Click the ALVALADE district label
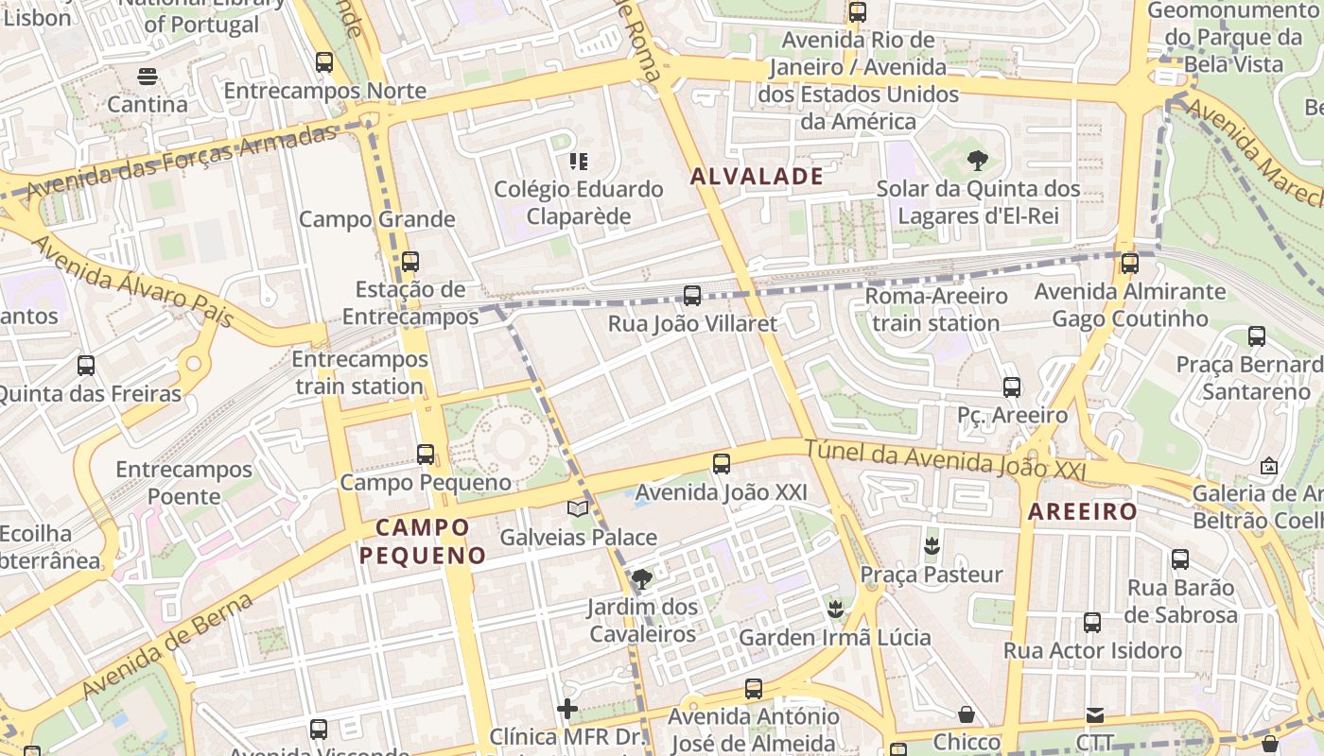[x=757, y=176]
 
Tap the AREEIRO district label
[x=1082, y=512]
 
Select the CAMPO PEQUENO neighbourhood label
[x=422, y=541]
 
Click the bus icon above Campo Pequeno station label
[x=426, y=455]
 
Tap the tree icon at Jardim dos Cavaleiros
[x=642, y=578]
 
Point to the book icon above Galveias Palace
[x=578, y=508]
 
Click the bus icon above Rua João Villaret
[x=692, y=296]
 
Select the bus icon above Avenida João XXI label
[x=722, y=464]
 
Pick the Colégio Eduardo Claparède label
[x=579, y=202]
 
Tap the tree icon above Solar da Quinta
[x=978, y=161]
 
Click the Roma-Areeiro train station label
[x=936, y=309]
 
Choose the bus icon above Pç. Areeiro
[x=1012, y=387]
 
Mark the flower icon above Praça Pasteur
[x=932, y=545]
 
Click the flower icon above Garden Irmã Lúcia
[x=834, y=609]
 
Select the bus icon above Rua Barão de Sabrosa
[x=1180, y=558]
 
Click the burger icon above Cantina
[x=147, y=76]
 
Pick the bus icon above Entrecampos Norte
[x=324, y=62]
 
